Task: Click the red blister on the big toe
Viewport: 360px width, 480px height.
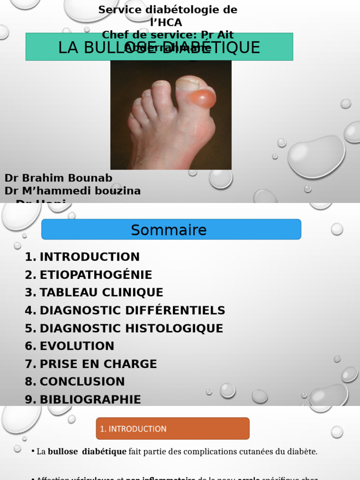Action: coord(202,99)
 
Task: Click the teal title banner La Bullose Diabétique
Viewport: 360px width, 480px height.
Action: coord(159,47)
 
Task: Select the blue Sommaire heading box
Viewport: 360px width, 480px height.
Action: coord(171,230)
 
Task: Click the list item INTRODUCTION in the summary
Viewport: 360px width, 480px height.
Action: coord(90,257)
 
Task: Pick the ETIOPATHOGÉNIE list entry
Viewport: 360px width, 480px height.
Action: coord(96,275)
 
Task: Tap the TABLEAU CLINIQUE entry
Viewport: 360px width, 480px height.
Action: coord(101,292)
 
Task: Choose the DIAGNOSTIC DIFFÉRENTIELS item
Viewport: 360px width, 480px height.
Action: coord(132,310)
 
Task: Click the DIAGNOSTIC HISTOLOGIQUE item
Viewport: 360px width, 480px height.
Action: coord(131,328)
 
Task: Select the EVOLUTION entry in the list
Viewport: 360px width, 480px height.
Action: coord(77,346)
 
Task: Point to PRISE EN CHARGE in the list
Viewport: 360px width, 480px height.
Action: coord(98,364)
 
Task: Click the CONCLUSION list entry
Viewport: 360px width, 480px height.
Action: coord(82,382)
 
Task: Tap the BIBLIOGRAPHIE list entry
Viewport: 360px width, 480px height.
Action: coord(90,399)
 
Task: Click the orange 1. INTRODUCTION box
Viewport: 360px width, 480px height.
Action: coord(172,428)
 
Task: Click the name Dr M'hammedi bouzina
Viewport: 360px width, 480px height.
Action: coord(73,191)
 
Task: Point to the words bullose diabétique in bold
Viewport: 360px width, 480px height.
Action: coord(87,452)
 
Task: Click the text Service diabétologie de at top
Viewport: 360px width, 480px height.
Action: coord(168,10)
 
